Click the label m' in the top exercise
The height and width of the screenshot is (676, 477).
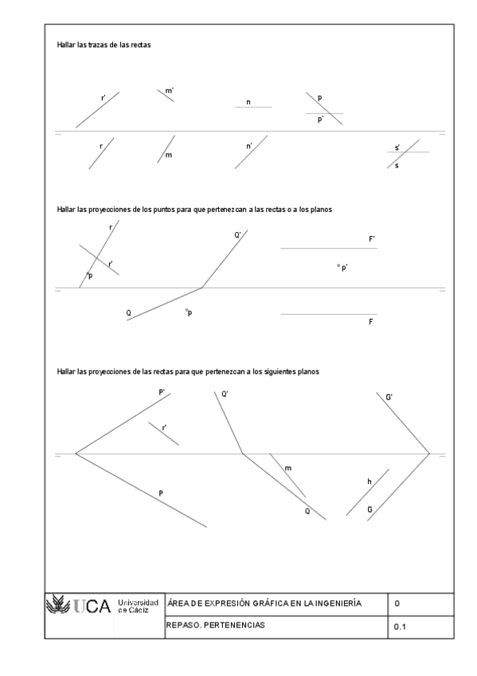tap(170, 92)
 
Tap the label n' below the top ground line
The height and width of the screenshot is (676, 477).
tap(249, 146)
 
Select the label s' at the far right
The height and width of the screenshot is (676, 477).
tap(397, 147)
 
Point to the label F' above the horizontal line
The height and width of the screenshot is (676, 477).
tap(372, 238)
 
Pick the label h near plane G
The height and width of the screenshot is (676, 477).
tap(369, 482)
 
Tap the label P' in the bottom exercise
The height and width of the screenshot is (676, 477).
tap(162, 392)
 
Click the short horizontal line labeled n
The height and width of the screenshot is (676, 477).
tap(253, 108)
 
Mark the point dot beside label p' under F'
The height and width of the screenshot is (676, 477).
tap(338, 265)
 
